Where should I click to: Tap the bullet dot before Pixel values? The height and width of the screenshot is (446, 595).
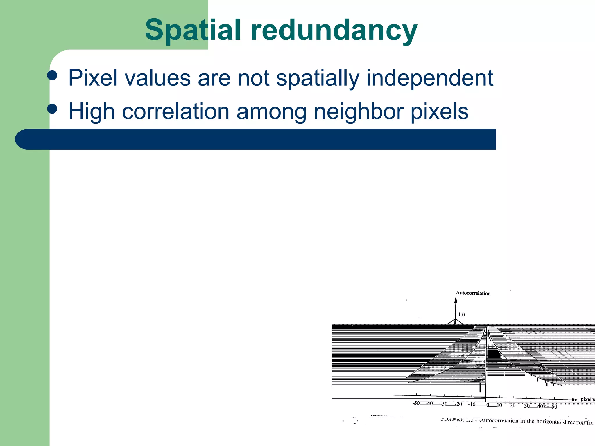(52, 75)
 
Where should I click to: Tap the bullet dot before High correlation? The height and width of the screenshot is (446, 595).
(52, 109)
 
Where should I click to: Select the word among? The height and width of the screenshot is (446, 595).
(271, 112)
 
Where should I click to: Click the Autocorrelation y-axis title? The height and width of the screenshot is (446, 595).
(473, 293)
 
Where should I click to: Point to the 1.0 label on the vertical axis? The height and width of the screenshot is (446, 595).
(461, 315)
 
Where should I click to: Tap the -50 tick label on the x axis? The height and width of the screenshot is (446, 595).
(416, 403)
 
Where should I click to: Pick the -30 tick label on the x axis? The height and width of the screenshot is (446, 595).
(444, 404)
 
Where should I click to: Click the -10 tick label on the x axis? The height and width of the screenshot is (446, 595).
(472, 404)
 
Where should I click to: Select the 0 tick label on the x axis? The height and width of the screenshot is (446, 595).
(488, 405)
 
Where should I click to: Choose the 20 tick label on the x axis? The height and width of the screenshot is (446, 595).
(513, 405)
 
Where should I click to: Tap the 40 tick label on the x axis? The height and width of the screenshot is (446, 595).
(540, 406)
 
